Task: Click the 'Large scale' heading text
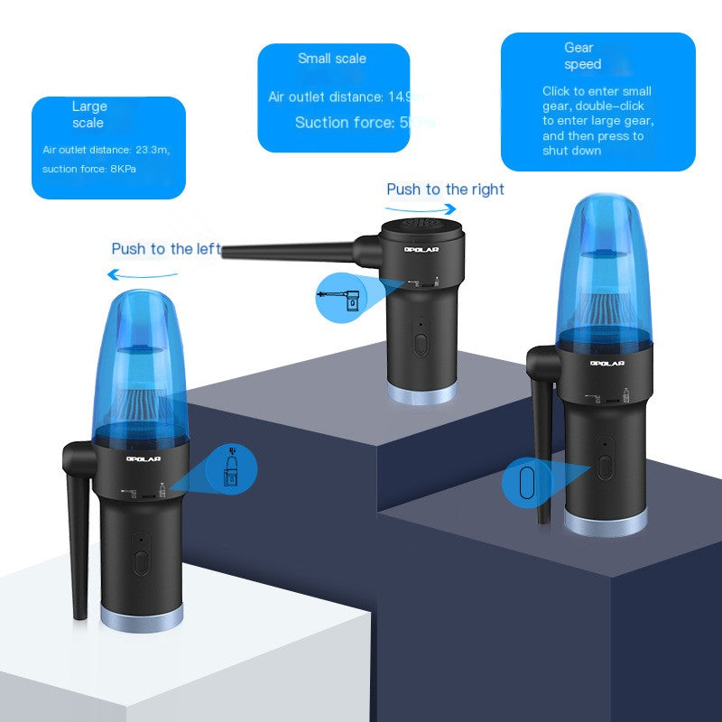[x=88, y=115]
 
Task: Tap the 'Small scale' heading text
[x=332, y=59]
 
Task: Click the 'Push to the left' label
[x=165, y=249]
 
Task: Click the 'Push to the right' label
[x=445, y=190]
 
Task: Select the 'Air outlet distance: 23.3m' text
[x=106, y=150]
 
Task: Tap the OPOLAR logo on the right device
[x=607, y=364]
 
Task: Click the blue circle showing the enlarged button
[x=526, y=483]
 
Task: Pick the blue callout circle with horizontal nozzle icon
[x=341, y=295]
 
